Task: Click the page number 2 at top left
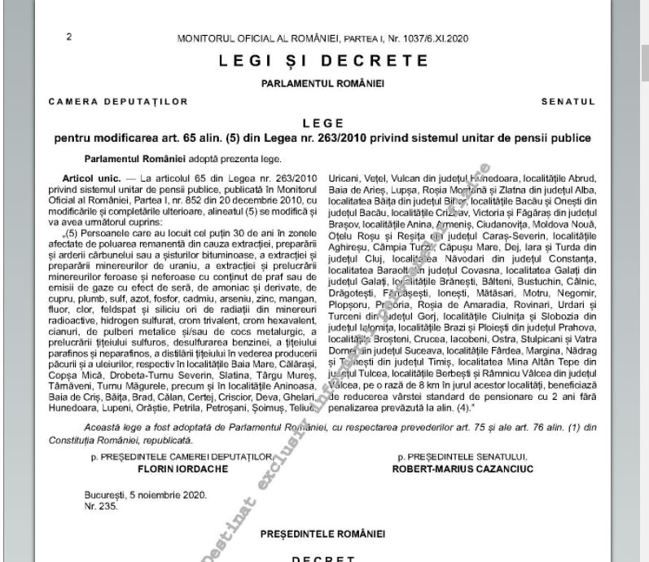[68, 37]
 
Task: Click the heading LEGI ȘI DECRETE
[323, 61]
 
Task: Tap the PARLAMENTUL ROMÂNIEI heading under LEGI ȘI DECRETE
[323, 83]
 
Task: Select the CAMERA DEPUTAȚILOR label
[118, 102]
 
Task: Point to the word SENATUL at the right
[568, 102]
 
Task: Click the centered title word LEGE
[323, 123]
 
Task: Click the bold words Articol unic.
[88, 178]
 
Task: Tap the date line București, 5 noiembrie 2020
[146, 494]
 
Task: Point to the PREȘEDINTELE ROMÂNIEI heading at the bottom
[323, 534]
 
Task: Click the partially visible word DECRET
[323, 559]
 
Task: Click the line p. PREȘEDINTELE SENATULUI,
[459, 459]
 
